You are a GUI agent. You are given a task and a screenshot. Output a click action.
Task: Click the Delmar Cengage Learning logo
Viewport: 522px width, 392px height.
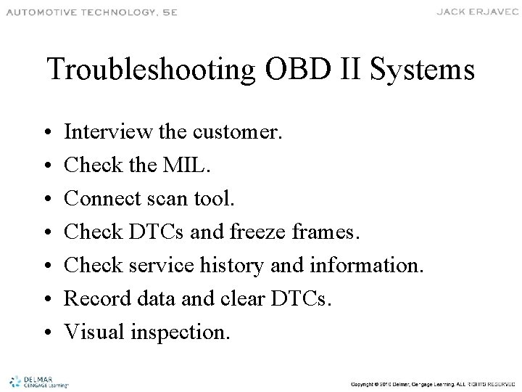[x=36, y=381]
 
